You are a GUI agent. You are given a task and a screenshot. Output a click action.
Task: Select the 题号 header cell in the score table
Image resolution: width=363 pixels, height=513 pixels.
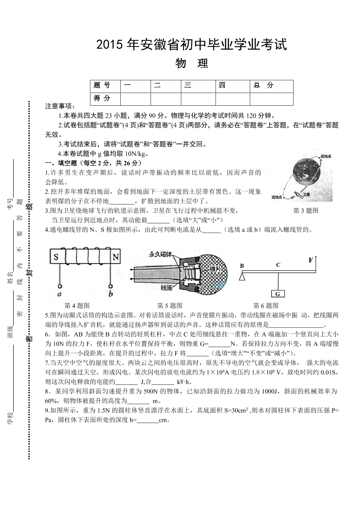(x=102, y=86)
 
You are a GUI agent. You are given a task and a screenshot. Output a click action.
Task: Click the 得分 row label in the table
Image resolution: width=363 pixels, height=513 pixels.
(x=102, y=98)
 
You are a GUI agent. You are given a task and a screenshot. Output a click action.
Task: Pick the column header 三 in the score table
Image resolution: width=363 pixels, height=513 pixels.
(x=188, y=86)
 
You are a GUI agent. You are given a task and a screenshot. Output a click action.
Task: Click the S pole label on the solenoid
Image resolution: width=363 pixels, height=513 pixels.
(x=56, y=258)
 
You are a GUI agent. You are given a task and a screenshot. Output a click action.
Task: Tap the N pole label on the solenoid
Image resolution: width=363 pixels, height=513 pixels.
(x=115, y=258)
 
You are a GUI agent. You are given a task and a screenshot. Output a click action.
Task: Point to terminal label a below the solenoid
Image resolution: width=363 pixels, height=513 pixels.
(x=60, y=293)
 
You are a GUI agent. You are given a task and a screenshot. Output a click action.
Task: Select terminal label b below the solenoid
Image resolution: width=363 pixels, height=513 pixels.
(x=111, y=293)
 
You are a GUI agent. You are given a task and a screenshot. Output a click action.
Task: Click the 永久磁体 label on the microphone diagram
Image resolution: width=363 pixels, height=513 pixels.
(x=160, y=254)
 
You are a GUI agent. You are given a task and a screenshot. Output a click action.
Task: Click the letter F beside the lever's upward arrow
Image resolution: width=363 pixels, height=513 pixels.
(x=310, y=260)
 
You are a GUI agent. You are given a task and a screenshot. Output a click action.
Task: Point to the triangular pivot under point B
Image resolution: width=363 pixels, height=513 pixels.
(x=242, y=276)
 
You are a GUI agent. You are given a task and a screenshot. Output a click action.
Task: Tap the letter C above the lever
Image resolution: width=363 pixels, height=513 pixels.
(x=278, y=265)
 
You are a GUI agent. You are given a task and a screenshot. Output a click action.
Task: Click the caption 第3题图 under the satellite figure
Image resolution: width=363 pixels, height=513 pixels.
(x=305, y=211)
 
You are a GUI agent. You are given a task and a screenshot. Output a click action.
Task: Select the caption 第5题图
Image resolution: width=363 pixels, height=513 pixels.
(x=169, y=305)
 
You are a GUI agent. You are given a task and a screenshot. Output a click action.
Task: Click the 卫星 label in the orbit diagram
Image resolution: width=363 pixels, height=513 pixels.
(x=306, y=194)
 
